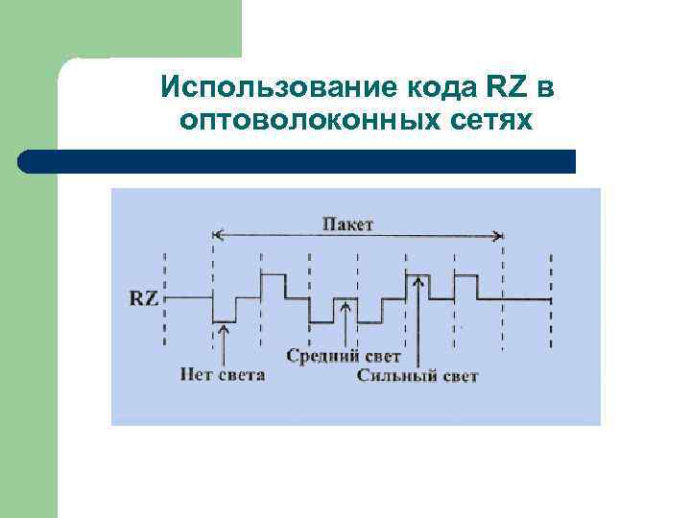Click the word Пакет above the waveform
[347, 224]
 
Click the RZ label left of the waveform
[144, 297]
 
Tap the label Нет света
[222, 373]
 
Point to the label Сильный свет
[417, 376]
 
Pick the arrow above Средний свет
[345, 326]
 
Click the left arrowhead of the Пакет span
[218, 233]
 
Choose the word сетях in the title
[485, 121]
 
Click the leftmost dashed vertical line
[165, 297]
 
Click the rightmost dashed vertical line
[550, 297]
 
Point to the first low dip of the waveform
[224, 320]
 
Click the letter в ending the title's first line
[545, 88]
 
